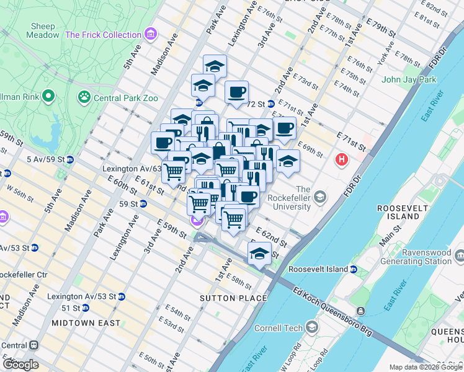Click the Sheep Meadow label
[x=42, y=30]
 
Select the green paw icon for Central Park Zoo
[x=83, y=97]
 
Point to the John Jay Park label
[x=409, y=79]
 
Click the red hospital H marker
[x=341, y=161]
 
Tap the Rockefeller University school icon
[x=320, y=197]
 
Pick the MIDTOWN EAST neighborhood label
[x=86, y=323]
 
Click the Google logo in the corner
[x=20, y=365]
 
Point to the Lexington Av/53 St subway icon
[x=121, y=296]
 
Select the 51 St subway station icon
[x=85, y=308]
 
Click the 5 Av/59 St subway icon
[x=69, y=159]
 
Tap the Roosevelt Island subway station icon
[x=353, y=270]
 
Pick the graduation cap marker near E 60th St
[x=259, y=252]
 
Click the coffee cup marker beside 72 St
[x=236, y=92]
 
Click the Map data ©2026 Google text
[x=426, y=367]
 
